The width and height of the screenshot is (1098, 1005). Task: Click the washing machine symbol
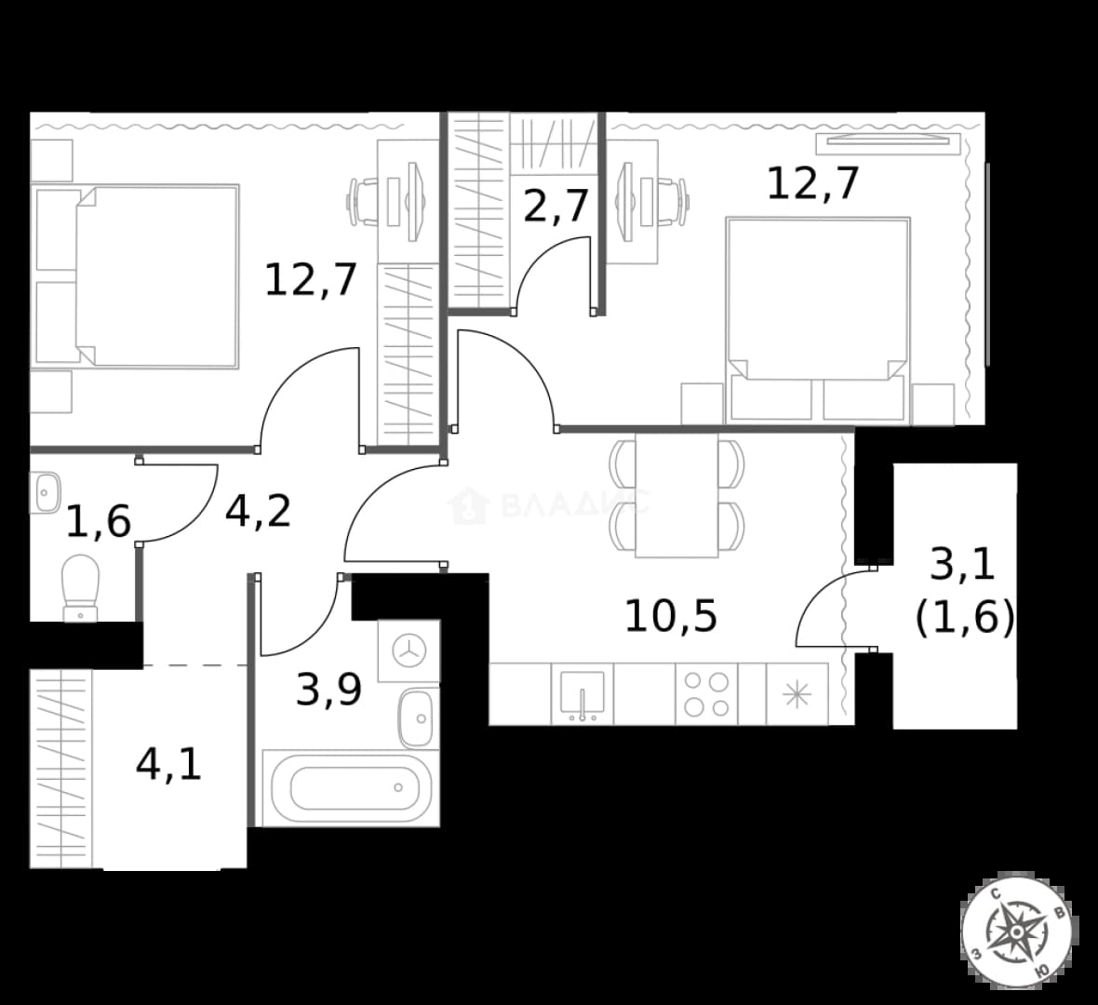point(408,650)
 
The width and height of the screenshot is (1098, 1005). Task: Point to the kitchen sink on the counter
point(582,694)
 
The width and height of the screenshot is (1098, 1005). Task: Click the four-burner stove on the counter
point(706,694)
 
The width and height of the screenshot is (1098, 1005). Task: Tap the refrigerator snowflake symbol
point(797,695)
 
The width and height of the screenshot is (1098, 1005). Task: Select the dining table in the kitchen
point(676,495)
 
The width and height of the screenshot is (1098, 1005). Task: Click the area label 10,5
point(671,616)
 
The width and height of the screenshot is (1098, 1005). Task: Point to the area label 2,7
point(556,206)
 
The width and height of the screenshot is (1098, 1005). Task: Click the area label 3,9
point(328,689)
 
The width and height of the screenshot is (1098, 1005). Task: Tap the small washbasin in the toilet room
point(45,492)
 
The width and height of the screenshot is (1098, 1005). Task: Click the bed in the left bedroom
point(138,276)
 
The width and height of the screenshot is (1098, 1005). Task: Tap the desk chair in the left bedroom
point(363,202)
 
